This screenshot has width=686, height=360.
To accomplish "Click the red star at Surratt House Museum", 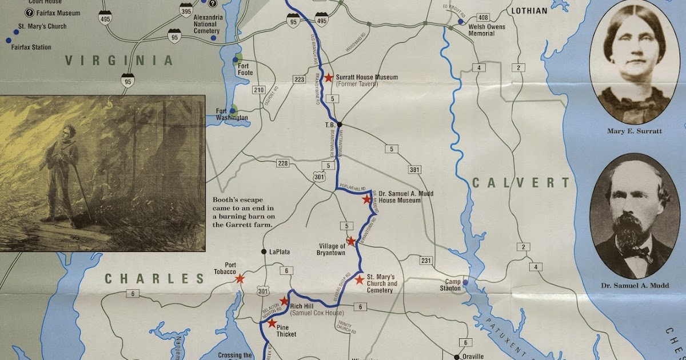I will pos(329,78).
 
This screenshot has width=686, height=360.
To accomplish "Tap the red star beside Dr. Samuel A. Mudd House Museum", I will pos(366,199).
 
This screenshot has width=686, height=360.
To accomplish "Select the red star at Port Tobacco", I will pos(240,279).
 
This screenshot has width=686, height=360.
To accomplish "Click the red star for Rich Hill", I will pos(284,301).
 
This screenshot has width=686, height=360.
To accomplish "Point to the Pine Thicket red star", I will pos(272,324).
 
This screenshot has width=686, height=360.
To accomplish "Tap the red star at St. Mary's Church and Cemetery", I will pos(359,280).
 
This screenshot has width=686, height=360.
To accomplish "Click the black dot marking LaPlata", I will pos(264,251).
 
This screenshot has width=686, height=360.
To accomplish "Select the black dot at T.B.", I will pos(339,124).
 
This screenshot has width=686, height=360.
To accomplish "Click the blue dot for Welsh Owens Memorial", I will pos(460,22).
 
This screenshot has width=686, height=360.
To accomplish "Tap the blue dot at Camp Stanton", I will pos(465,282).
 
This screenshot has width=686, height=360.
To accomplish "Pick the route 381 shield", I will pos(414,170).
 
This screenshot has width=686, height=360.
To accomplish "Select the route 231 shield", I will pos(425,261).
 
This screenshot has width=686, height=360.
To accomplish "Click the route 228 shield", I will pos(282,163).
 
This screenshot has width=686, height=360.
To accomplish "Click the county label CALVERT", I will pos(520,183).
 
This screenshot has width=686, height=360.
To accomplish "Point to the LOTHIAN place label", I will pos(529,11).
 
